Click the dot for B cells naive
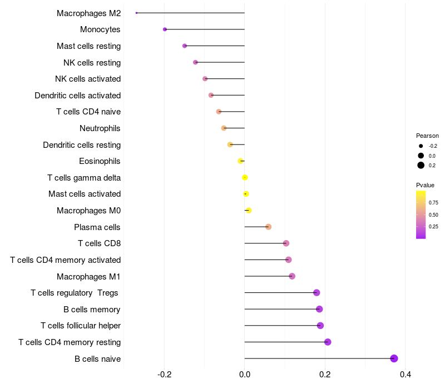[394, 358]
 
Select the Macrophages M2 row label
[88, 13]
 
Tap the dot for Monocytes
[165, 29]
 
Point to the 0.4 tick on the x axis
[405, 375]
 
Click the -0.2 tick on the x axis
[164, 375]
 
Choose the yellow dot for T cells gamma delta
[245, 178]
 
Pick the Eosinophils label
[100, 161]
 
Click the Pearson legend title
[427, 136]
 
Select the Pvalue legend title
[425, 185]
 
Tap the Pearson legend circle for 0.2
[421, 165]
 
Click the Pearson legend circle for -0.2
[421, 146]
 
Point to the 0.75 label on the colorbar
[433, 203]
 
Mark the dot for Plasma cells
[268, 227]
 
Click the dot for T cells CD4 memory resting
[328, 342]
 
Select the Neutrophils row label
[100, 128]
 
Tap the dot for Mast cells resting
[185, 46]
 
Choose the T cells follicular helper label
[81, 326]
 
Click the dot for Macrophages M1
[292, 276]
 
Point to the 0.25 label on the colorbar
[433, 227]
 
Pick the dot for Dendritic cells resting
[230, 145]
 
